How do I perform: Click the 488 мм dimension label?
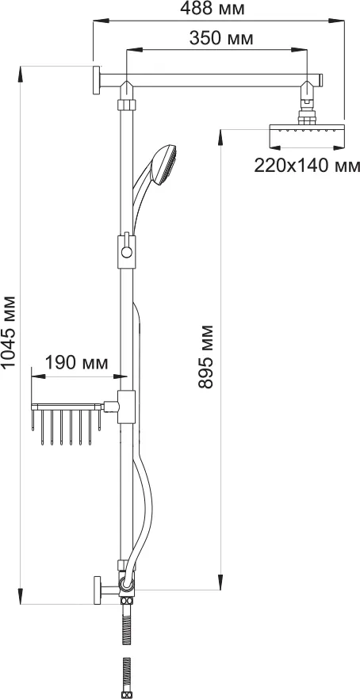tap(212, 10)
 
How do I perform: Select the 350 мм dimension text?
tap(221, 38)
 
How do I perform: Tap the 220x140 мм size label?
tap(307, 166)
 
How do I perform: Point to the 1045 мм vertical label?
tap(9, 331)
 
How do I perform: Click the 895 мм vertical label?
tap(206, 357)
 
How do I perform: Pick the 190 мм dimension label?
tap(76, 363)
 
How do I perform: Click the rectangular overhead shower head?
tap(308, 137)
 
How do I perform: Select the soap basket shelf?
tap(67, 423)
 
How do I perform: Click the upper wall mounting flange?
tap(97, 80)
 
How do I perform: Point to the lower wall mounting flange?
tap(98, 590)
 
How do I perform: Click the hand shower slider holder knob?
tap(127, 253)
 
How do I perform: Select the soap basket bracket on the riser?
tap(126, 407)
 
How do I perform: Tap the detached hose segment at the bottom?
tap(127, 677)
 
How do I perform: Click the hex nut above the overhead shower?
tap(305, 119)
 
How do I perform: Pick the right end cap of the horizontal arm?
tap(320, 80)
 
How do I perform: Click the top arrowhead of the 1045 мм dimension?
tap(20, 74)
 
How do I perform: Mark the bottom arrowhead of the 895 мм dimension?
tap(220, 582)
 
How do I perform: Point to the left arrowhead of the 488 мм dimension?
tap(101, 20)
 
